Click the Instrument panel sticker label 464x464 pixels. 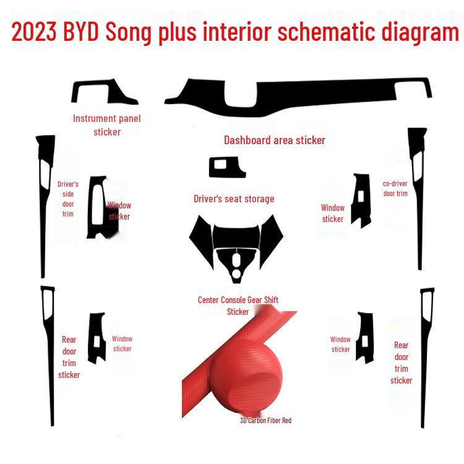(107, 124)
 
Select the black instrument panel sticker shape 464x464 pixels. (102, 92)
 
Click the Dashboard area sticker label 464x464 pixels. (274, 140)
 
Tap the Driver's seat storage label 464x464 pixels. (233, 199)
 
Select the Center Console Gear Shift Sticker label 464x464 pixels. (238, 306)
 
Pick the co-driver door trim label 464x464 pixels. (395, 188)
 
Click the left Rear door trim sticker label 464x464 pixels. (69, 357)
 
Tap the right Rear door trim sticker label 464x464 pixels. (401, 363)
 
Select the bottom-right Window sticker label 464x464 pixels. (340, 344)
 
